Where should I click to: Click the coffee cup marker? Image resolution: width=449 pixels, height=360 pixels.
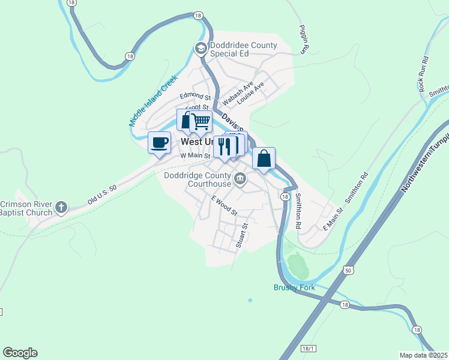tap(159, 143)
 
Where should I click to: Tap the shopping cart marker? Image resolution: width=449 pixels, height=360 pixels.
tap(201, 122)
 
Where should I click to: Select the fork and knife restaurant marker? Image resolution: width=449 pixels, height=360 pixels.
tap(224, 146)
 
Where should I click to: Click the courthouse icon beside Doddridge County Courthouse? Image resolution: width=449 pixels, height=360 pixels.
tap(240, 178)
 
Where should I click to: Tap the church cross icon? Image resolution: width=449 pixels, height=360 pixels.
tap(61, 208)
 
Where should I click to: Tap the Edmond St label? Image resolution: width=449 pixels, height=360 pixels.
tap(196, 97)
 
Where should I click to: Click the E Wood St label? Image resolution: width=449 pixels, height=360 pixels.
tap(224, 205)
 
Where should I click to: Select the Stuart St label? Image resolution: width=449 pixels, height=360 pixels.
tap(242, 235)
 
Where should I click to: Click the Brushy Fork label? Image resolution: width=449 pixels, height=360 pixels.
tap(294, 287)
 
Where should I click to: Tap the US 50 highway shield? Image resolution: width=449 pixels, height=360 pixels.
tap(348, 271)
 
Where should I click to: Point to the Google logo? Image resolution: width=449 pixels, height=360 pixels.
tap(20, 353)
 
